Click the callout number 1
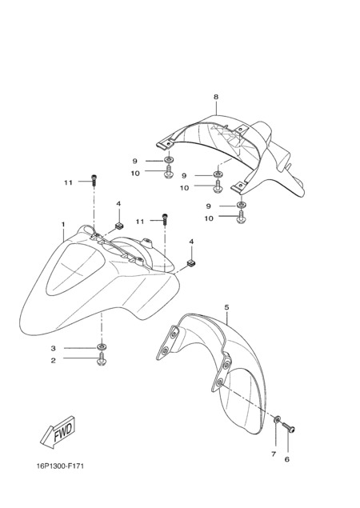coord(63,224)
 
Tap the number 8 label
coord(216,97)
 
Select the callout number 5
coord(226,307)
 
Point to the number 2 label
coord(53,360)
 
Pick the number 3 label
coord(53,348)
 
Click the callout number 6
coord(286,459)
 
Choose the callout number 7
coord(274,454)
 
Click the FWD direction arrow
coord(58,432)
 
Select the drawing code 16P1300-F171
coord(60,466)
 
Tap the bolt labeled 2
coord(102,360)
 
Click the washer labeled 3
coord(102,348)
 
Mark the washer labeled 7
coord(278,419)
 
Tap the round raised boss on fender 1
coord(146,242)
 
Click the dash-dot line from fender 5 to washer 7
coord(247,401)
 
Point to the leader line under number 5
coord(228,318)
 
